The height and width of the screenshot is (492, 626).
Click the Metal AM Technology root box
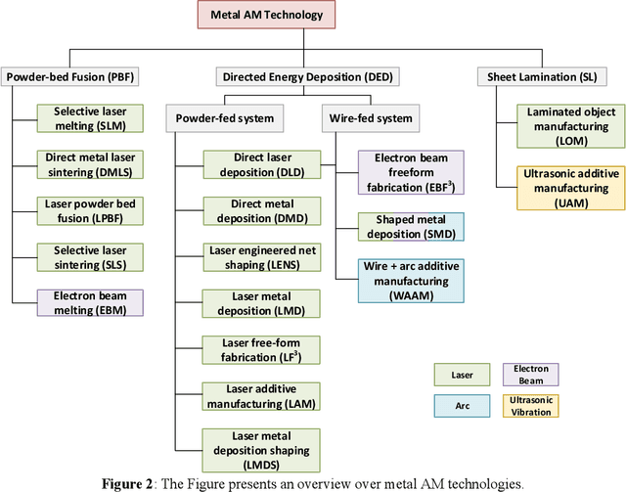[x=266, y=16]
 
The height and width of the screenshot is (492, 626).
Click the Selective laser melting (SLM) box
[x=90, y=117]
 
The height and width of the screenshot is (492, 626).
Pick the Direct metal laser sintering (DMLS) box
[x=90, y=163]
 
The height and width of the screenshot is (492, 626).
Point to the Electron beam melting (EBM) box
[x=90, y=302]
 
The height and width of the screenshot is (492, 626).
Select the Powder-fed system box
[x=226, y=118]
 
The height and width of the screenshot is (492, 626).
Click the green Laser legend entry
[x=463, y=375]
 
